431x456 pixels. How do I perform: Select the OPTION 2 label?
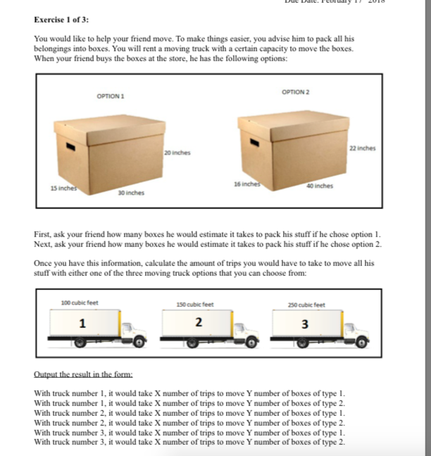[x=295, y=91]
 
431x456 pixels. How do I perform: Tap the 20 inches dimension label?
[x=177, y=152]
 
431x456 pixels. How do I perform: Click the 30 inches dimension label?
[x=131, y=192]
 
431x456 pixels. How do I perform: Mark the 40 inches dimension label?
[x=320, y=186]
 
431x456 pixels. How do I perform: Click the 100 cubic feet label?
[x=80, y=303]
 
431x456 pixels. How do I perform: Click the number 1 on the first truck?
[x=82, y=324]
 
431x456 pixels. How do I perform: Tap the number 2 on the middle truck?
[x=199, y=323]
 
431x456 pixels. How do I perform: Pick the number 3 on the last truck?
[x=304, y=324]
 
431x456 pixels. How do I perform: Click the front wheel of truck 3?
[x=361, y=343]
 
